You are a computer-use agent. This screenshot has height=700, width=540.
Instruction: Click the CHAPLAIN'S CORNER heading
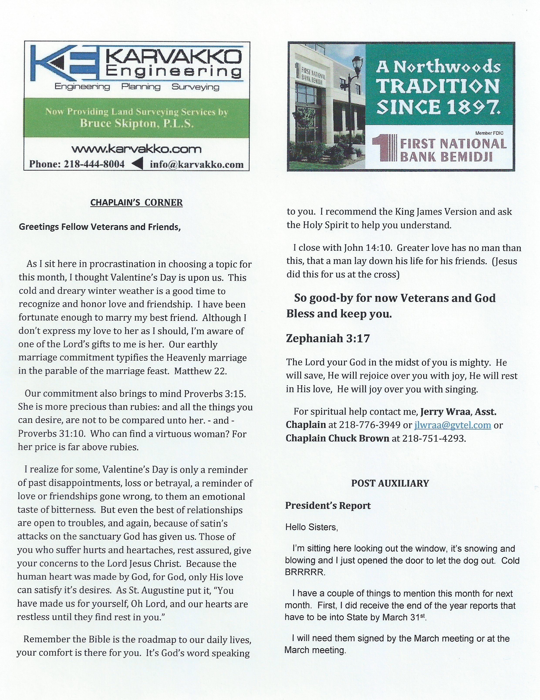click(x=136, y=203)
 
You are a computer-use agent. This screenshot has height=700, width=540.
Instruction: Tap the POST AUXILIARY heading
click(x=390, y=483)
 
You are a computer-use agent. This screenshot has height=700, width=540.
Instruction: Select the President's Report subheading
click(x=328, y=505)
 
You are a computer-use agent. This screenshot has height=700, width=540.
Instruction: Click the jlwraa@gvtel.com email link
click(x=452, y=425)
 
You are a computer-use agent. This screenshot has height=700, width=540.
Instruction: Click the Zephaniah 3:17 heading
click(x=328, y=338)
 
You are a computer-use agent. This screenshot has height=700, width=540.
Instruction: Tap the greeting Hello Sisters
click(x=311, y=527)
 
